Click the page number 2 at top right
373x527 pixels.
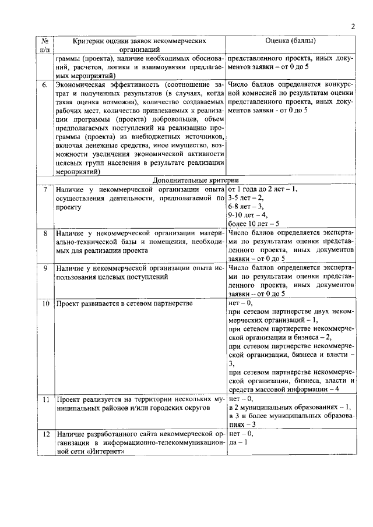(x=353, y=26)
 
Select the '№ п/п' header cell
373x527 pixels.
(x=44, y=45)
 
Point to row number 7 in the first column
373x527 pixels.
(x=44, y=190)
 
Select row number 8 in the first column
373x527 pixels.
(x=44, y=234)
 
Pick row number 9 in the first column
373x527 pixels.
(x=44, y=268)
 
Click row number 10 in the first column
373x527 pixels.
(x=44, y=303)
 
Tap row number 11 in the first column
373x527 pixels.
(x=44, y=399)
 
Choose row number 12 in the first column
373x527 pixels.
(x=44, y=434)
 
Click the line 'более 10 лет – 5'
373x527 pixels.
(x=254, y=224)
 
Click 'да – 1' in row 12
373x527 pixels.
(x=238, y=443)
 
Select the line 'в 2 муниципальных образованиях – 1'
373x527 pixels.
(x=290, y=408)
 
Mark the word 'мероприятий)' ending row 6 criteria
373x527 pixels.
(x=78, y=172)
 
